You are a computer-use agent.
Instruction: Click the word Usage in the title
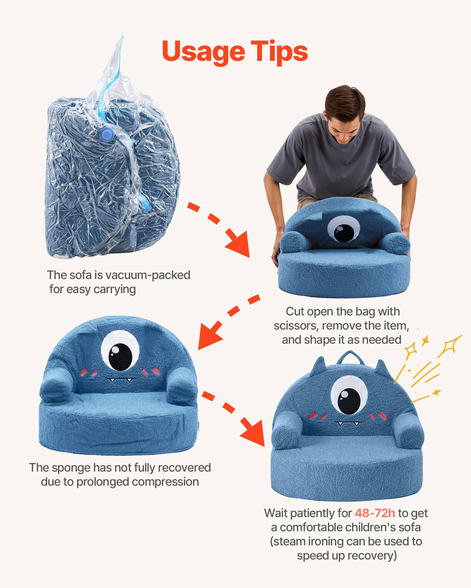[x=203, y=51]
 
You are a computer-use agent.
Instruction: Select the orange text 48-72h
[x=375, y=513]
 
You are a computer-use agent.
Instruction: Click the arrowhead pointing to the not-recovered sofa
[x=209, y=337]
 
